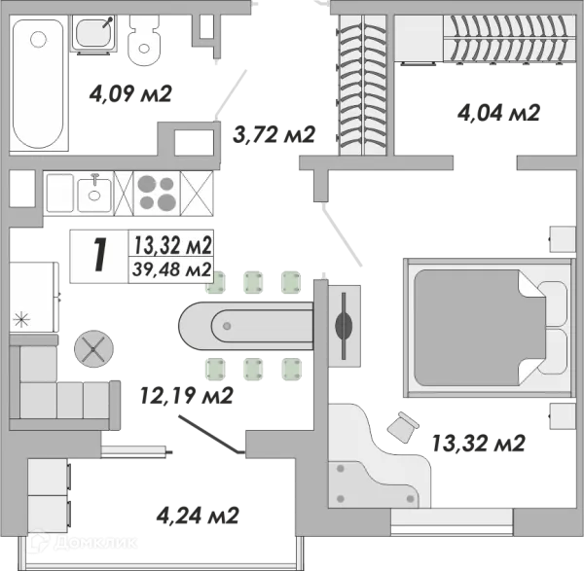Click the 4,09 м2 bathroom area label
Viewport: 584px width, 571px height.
coord(130,93)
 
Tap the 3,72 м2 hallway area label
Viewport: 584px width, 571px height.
coord(274,134)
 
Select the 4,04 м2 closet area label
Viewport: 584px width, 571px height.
coord(498,113)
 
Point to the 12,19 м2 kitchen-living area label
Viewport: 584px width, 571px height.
coord(187,395)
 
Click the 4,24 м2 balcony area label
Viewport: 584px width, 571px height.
coord(198,516)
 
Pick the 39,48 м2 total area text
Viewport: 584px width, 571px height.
coord(171,269)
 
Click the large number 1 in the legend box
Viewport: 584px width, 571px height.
coord(100,256)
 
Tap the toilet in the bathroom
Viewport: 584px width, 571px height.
coord(144,41)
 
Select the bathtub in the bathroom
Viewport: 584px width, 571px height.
coord(38,84)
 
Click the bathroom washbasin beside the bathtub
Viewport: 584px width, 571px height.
coord(93,33)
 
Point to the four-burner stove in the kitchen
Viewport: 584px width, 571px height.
coord(157,194)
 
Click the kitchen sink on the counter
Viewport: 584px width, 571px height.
coord(94,194)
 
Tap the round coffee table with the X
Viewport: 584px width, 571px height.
coord(93,349)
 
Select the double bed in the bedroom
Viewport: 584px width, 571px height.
coord(488,328)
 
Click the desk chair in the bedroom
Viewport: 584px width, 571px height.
coord(403,427)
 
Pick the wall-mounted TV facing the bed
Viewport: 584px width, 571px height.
coord(344,326)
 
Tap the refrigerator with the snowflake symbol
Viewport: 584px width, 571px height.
coord(34,297)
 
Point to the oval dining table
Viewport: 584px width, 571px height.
coord(246,326)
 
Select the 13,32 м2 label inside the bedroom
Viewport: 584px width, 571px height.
coord(478,443)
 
